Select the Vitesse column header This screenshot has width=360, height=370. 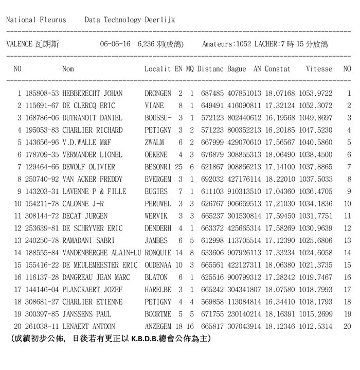click(319, 68)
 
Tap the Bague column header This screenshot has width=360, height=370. click(237, 68)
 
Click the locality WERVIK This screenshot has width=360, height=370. click(156, 216)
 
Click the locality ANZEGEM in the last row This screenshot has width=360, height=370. click(158, 327)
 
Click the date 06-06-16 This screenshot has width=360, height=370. click(115, 44)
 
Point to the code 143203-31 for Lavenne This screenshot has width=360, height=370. click(42, 191)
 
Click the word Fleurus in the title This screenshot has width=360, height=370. click(53, 20)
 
